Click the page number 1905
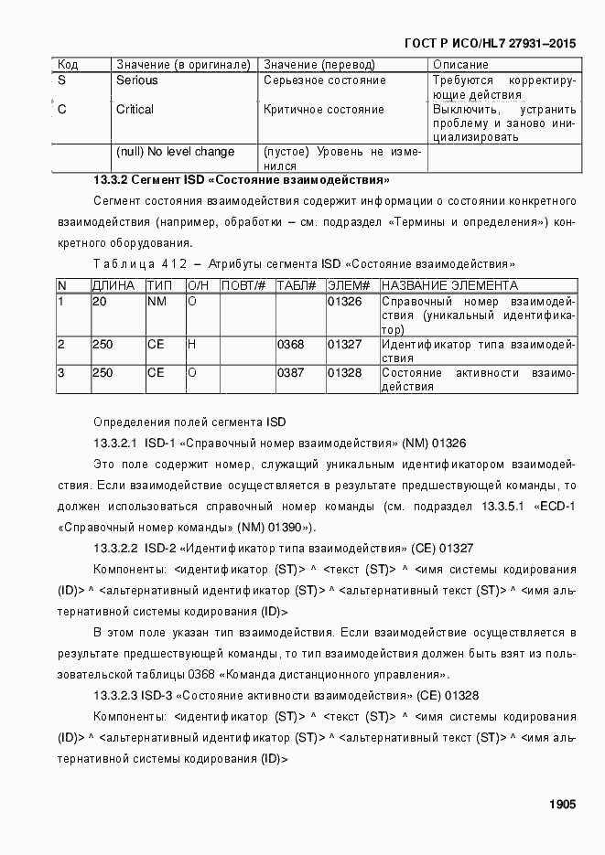562,805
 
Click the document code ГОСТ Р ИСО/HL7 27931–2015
490,43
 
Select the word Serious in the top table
136,80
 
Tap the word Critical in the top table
135,110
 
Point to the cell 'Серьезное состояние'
324,80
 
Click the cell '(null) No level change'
175,152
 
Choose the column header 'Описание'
460,65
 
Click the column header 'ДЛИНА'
113,286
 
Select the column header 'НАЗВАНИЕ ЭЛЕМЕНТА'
448,286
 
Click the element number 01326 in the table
344,301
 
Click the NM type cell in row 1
156,301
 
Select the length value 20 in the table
99,301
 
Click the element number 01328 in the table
344,373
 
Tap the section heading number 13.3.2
111,180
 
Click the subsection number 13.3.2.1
115,444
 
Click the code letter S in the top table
61,80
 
